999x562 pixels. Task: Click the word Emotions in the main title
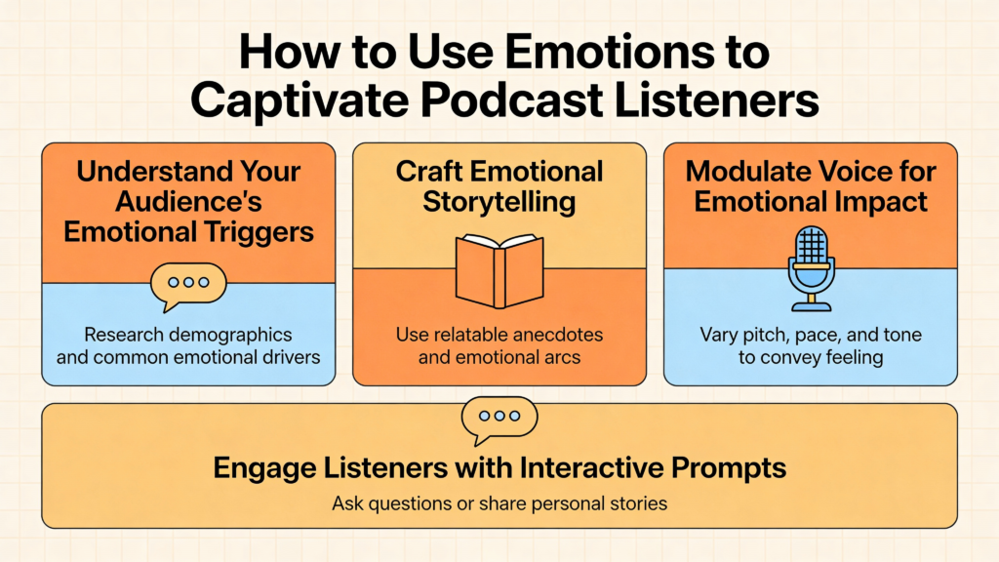611,52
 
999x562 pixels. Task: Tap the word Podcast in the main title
511,100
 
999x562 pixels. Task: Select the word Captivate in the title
300,101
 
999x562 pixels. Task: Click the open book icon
499,271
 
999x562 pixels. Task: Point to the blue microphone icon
811,268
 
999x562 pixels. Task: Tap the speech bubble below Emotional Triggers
188,286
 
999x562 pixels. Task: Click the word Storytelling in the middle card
499,203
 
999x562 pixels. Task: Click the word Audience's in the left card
188,202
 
